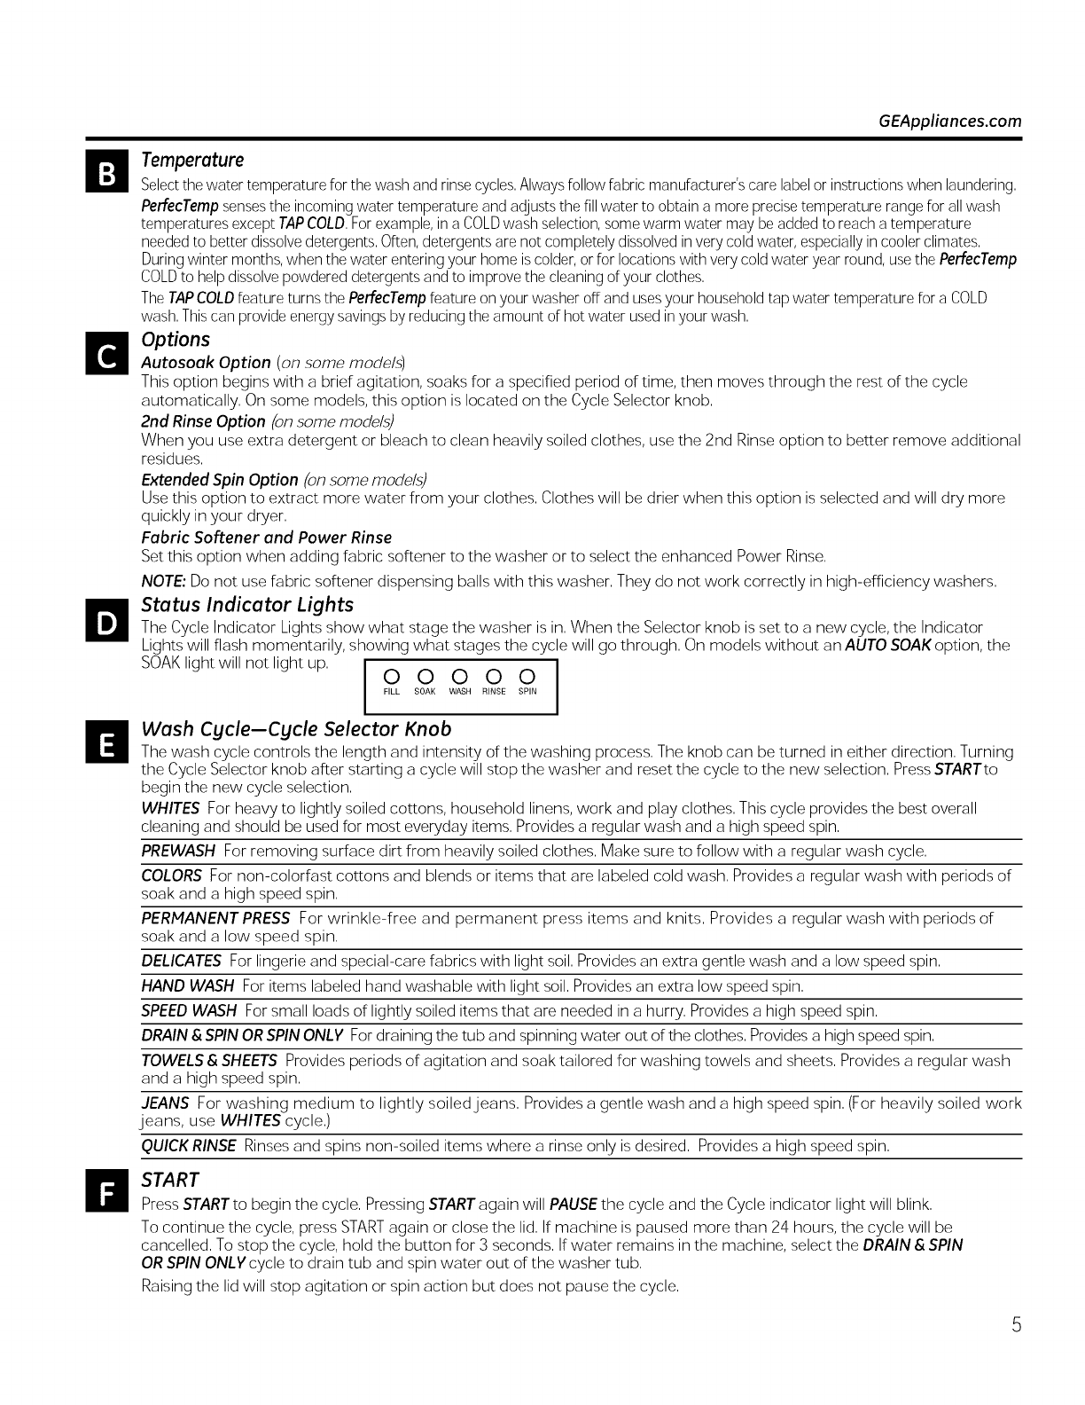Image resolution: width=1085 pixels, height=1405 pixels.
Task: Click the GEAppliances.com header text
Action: tap(948, 122)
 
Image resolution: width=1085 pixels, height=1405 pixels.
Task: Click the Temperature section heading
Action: tap(192, 160)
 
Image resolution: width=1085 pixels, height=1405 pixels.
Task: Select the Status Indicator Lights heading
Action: tap(247, 605)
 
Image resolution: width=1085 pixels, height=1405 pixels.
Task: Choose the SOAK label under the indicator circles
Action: tap(425, 692)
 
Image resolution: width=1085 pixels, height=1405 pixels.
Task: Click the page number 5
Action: tap(1017, 1325)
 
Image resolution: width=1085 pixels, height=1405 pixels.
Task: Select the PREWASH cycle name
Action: tap(178, 852)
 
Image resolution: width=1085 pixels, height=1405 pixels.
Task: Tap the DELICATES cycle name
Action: tap(181, 962)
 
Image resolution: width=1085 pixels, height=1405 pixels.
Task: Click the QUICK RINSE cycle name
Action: tap(189, 1146)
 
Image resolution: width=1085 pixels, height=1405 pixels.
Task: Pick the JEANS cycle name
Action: tap(165, 1103)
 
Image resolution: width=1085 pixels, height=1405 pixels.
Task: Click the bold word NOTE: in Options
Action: tap(163, 582)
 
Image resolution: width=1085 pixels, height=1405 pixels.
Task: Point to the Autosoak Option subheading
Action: tap(206, 362)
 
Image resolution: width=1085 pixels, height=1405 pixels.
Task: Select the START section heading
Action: tap(169, 1180)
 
